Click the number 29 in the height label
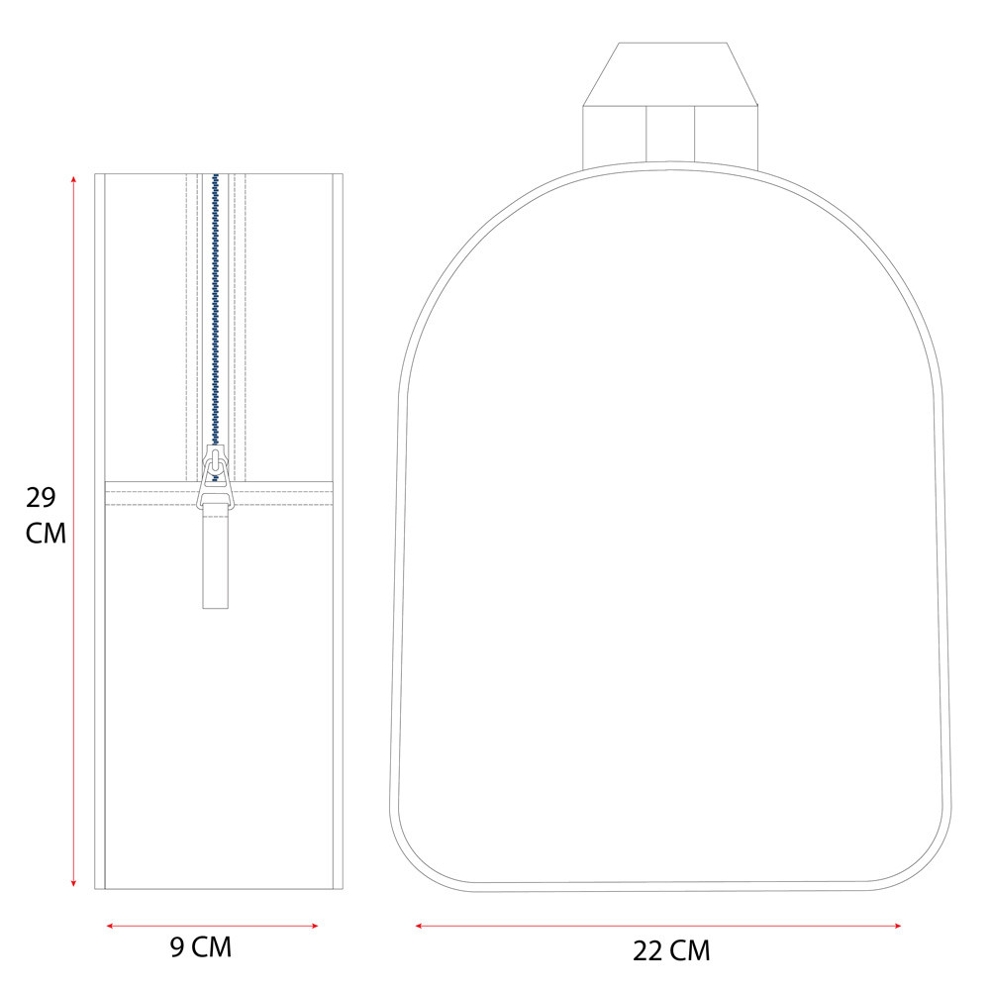(41, 498)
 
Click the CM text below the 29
(46, 534)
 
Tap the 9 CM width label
(201, 947)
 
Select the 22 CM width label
(671, 950)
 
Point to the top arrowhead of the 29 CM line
(74, 178)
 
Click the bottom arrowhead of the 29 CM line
(74, 883)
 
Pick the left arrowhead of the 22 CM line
(419, 926)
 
